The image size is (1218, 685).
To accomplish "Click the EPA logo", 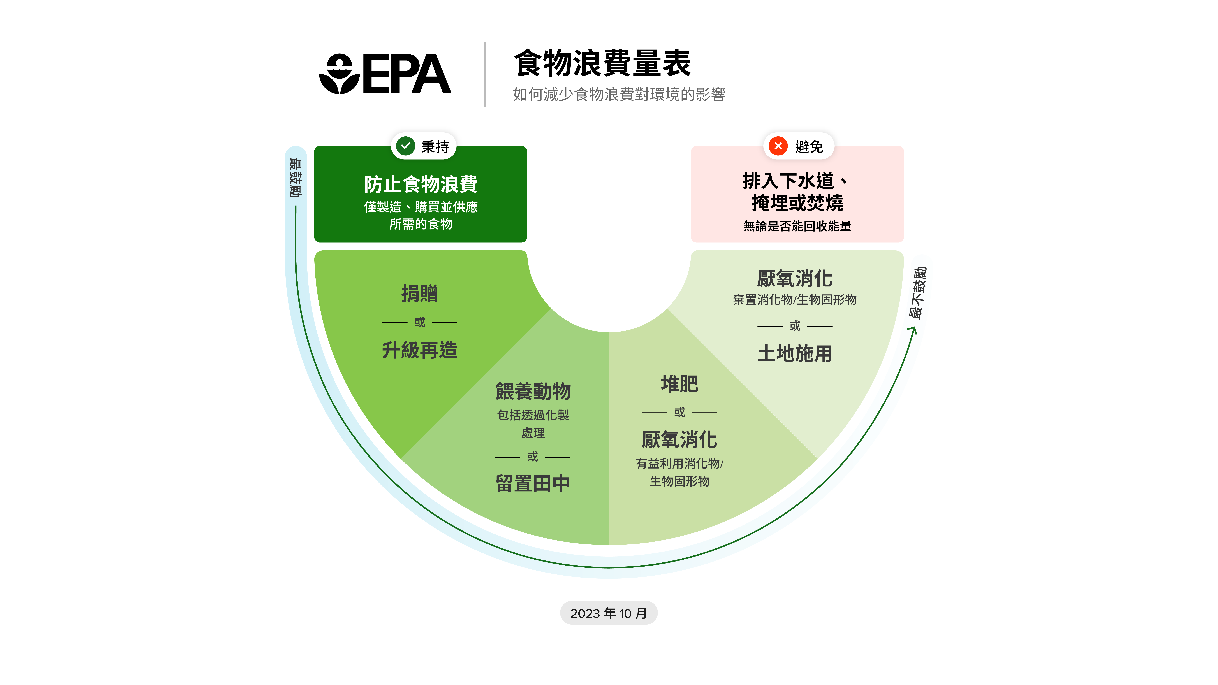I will (385, 74).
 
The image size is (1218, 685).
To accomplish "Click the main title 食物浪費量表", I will (602, 63).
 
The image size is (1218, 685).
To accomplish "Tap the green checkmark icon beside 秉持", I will (405, 146).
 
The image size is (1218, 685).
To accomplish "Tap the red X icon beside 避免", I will (778, 146).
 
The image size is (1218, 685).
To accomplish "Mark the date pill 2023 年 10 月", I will (609, 613).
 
